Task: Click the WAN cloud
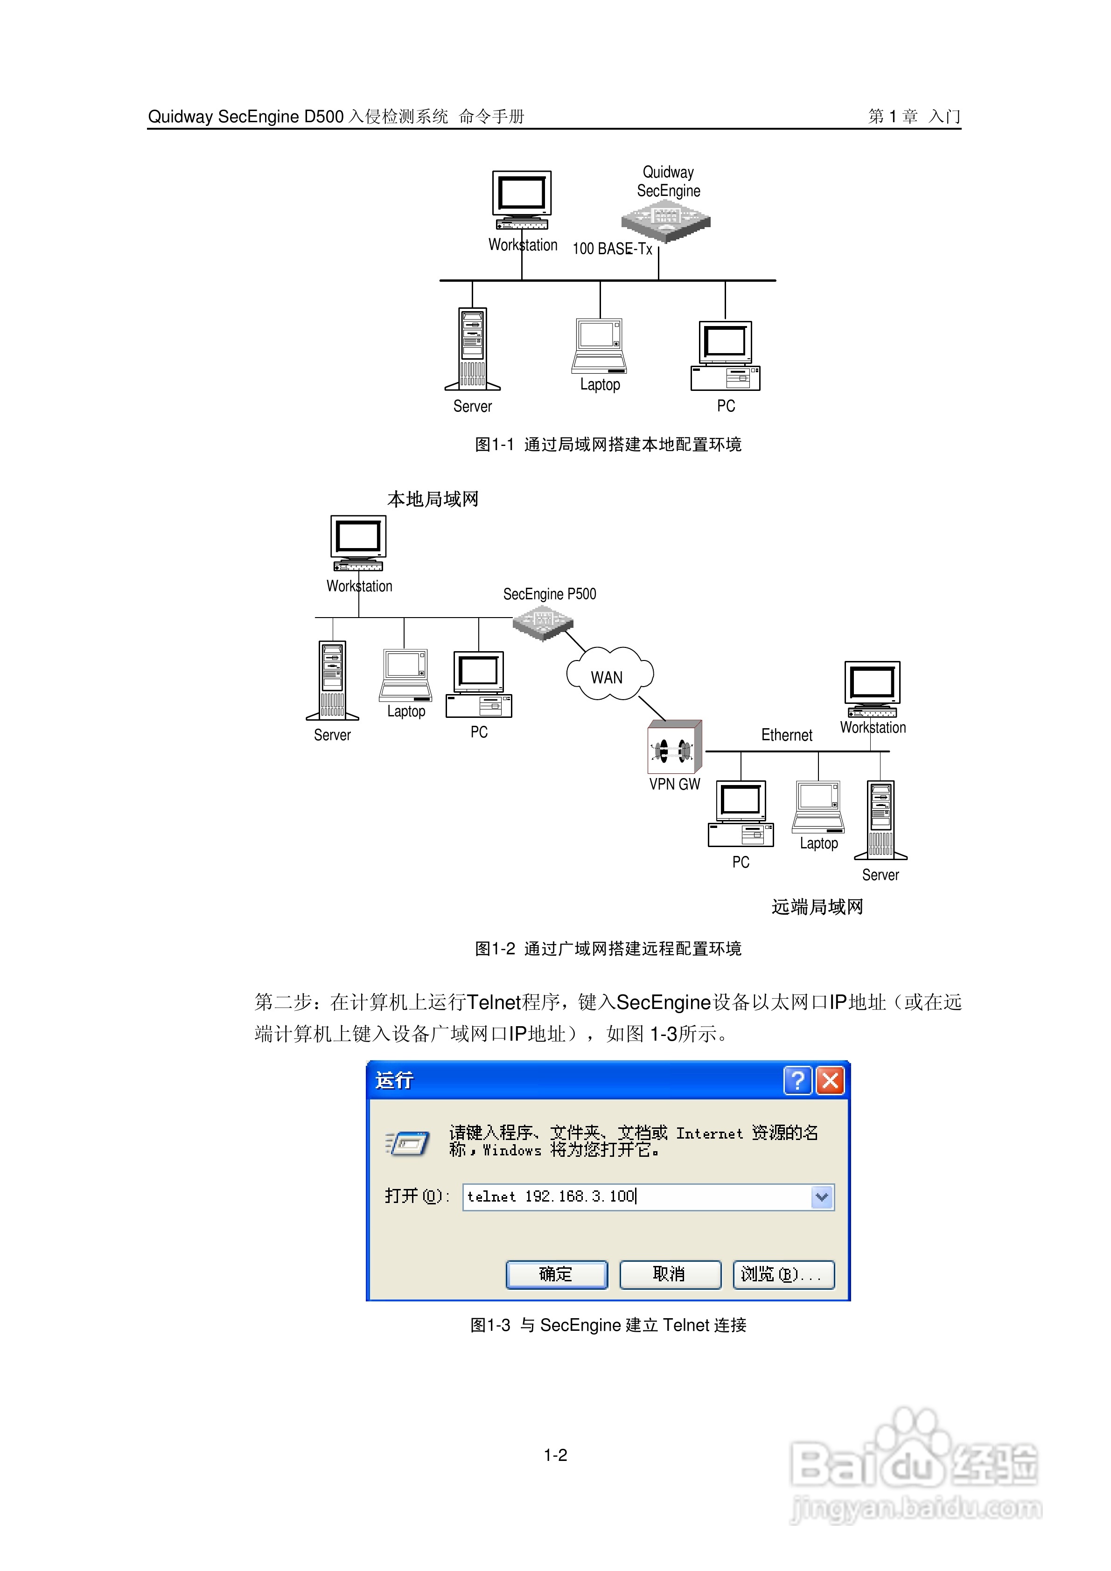pyautogui.click(x=608, y=674)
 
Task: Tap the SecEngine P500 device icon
pyautogui.click(x=543, y=623)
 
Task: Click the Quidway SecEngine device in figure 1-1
pyautogui.click(x=665, y=220)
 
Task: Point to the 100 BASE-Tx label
pyautogui.click(x=612, y=249)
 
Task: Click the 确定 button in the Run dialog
pyautogui.click(x=556, y=1274)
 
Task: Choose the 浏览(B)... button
pyautogui.click(x=783, y=1274)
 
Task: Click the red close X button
pyautogui.click(x=831, y=1080)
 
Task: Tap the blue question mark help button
pyautogui.click(x=797, y=1080)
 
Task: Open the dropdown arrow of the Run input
pyautogui.click(x=821, y=1197)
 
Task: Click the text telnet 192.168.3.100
pyautogui.click(x=552, y=1196)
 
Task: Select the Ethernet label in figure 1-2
pyautogui.click(x=787, y=735)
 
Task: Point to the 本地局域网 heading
pyautogui.click(x=433, y=499)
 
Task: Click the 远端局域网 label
pyautogui.click(x=818, y=907)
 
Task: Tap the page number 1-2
pyautogui.click(x=555, y=1455)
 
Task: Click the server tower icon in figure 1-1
pyautogui.click(x=472, y=349)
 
